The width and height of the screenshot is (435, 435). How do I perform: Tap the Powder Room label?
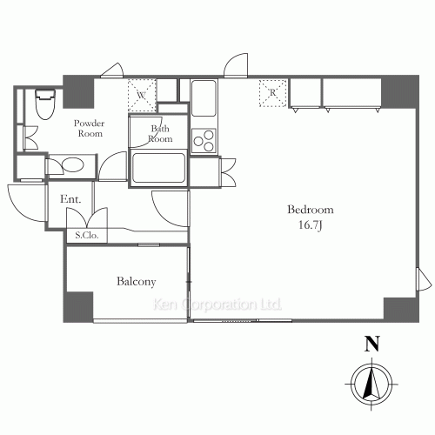coord(88,128)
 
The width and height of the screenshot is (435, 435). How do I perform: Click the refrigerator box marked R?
coord(271,91)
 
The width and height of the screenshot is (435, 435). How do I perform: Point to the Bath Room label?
coord(161,134)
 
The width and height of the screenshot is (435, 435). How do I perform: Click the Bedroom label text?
coord(311,211)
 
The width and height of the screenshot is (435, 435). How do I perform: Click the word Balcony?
coord(136,282)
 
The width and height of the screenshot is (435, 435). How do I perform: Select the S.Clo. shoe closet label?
coord(85,236)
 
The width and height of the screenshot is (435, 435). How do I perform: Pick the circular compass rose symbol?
coord(371,382)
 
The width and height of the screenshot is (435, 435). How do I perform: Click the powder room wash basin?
coord(67,164)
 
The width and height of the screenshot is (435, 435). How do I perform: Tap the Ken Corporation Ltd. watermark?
coord(217,305)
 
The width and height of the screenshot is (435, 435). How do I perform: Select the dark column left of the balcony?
coord(77,305)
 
